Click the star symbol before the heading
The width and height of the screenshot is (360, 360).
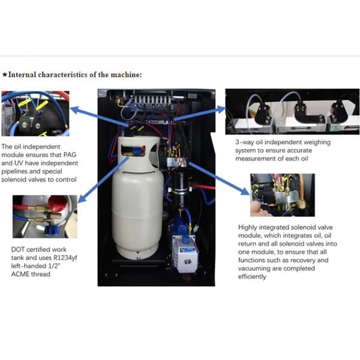click(x=5, y=75)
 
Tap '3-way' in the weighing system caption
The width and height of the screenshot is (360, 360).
click(x=245, y=143)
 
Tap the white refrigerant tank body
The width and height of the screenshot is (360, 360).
click(x=137, y=204)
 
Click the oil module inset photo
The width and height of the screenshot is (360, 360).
click(x=35, y=113)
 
